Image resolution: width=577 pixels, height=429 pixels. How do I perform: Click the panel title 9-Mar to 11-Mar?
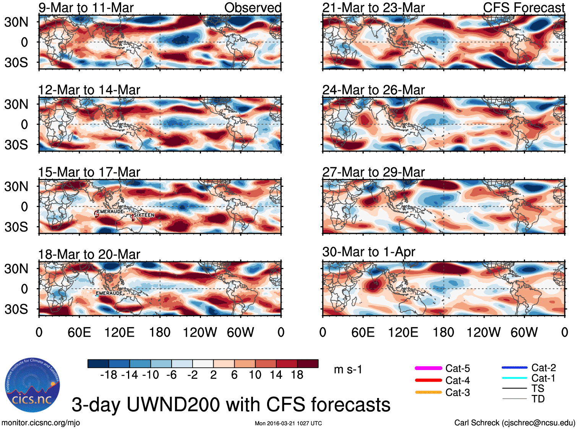pyautogui.click(x=86, y=8)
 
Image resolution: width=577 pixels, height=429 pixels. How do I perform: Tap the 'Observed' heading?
pyautogui.click(x=253, y=8)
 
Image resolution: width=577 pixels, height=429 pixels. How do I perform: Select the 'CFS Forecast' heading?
pyautogui.click(x=524, y=8)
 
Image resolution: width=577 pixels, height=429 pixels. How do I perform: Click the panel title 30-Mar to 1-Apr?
pyautogui.click(x=368, y=252)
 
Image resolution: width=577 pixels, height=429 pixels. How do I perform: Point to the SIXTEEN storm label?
pyautogui.click(x=144, y=215)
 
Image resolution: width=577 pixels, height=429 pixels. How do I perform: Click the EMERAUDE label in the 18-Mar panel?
pyautogui.click(x=109, y=293)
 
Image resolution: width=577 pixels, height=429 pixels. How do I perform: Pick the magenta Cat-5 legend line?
pyautogui.click(x=428, y=368)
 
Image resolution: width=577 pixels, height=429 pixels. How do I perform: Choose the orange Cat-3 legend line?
pyautogui.click(x=428, y=392)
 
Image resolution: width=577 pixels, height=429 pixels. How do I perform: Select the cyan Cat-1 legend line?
pyautogui.click(x=514, y=378)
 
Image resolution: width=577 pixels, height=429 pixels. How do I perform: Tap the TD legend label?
pyautogui.click(x=538, y=399)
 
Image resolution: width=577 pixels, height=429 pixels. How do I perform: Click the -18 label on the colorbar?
pyautogui.click(x=109, y=375)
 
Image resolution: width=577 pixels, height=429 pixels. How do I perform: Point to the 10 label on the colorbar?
pyautogui.click(x=255, y=375)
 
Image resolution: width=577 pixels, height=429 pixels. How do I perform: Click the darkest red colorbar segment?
pyautogui.click(x=308, y=364)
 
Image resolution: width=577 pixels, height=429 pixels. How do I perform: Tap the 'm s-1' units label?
pyautogui.click(x=348, y=370)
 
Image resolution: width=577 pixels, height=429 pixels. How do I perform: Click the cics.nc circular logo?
pyautogui.click(x=32, y=385)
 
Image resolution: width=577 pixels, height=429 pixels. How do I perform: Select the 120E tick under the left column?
pyautogui.click(x=119, y=332)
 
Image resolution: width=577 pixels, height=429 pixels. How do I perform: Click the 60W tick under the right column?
pyautogui.click(x=524, y=332)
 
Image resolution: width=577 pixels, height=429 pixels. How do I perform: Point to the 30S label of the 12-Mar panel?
pyautogui.click(x=16, y=145)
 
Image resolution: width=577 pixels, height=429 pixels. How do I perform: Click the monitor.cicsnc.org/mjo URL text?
pyautogui.click(x=41, y=423)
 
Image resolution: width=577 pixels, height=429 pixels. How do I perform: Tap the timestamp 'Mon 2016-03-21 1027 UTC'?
pyautogui.click(x=288, y=423)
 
